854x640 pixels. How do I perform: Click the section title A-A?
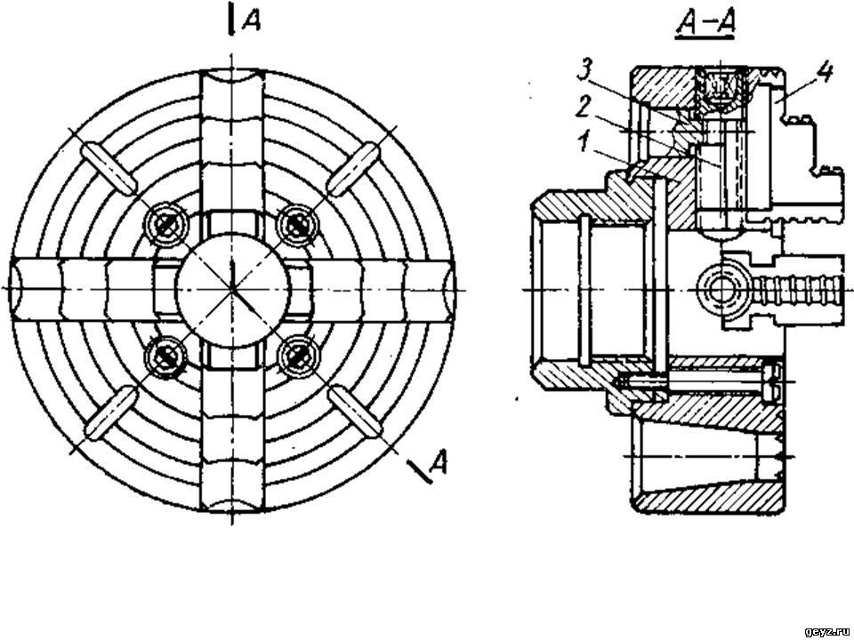tap(705, 26)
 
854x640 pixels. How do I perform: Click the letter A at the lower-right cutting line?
tap(438, 462)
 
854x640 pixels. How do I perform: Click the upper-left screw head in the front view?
tap(165, 224)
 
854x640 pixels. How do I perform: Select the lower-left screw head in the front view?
tap(165, 356)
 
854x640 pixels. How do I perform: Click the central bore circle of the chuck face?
tap(232, 288)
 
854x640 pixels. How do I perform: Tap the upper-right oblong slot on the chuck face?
tap(353, 169)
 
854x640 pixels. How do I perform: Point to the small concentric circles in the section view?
tap(720, 288)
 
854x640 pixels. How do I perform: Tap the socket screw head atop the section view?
tap(722, 86)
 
